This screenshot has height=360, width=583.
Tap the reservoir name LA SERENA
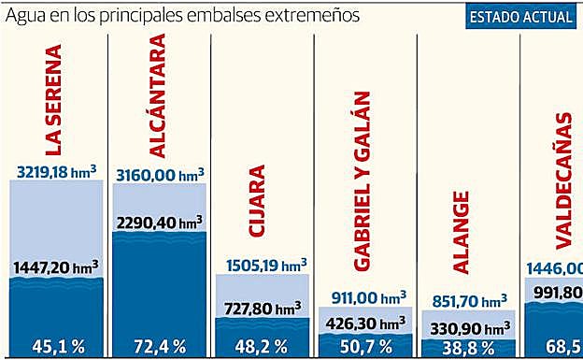point(55,99)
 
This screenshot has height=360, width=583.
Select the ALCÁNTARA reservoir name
point(158,97)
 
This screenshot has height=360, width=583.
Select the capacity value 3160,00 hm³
point(160,174)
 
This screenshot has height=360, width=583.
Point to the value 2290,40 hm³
point(160,223)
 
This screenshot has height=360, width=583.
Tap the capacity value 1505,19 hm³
point(263,265)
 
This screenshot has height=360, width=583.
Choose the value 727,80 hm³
point(263,307)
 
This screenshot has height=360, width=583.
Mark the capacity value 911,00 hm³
point(365,297)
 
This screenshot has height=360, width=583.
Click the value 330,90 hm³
point(468,325)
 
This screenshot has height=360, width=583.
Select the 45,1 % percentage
point(57,345)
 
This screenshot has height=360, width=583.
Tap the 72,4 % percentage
point(160,345)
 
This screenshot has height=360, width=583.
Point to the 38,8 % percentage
point(468,346)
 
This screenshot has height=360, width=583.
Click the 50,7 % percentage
point(365,346)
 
